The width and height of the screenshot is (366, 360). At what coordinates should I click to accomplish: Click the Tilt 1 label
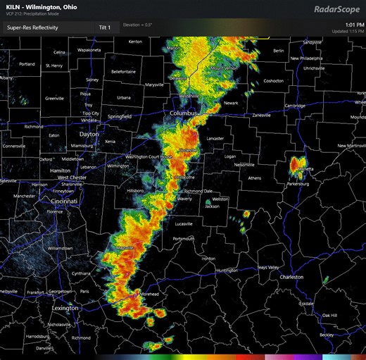tap(104, 27)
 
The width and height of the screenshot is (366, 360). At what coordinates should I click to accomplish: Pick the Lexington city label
tap(65, 308)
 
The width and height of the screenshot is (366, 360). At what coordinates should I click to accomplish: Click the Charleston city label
tap(291, 277)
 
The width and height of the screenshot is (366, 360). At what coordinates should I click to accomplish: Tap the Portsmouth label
tap(183, 239)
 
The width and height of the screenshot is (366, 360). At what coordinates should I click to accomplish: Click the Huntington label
tap(227, 270)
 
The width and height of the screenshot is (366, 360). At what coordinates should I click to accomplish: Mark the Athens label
tap(254, 178)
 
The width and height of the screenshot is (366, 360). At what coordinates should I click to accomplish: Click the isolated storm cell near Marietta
tap(298, 166)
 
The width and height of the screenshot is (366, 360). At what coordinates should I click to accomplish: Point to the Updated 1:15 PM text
tap(347, 32)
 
